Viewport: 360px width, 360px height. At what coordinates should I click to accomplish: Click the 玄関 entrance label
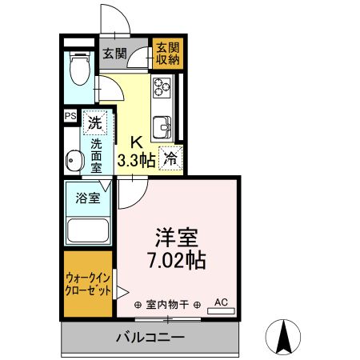114,54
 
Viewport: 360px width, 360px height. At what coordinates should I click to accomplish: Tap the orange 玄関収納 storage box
167,53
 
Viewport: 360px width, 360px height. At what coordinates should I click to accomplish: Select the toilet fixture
78,69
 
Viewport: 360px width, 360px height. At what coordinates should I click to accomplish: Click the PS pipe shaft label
69,116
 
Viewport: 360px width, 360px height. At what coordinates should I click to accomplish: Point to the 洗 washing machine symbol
95,123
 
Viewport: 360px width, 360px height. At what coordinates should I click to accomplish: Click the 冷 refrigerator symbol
170,158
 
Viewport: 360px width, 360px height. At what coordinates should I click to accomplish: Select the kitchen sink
164,126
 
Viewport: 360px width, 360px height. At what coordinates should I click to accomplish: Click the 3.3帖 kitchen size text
136,158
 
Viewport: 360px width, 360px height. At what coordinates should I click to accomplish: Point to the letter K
136,142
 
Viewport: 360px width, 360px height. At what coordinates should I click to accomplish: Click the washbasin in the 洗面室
74,159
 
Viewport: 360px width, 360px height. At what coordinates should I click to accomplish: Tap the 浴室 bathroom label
87,198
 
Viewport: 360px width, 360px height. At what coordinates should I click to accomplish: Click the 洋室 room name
177,238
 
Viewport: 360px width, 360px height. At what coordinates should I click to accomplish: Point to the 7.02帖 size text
177,261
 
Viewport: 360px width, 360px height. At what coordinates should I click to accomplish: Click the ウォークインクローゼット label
88,285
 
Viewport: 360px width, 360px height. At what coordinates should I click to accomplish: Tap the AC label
222,302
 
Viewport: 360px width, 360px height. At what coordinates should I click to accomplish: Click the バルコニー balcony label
150,337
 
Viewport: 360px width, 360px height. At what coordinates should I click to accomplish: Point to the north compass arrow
282,336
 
